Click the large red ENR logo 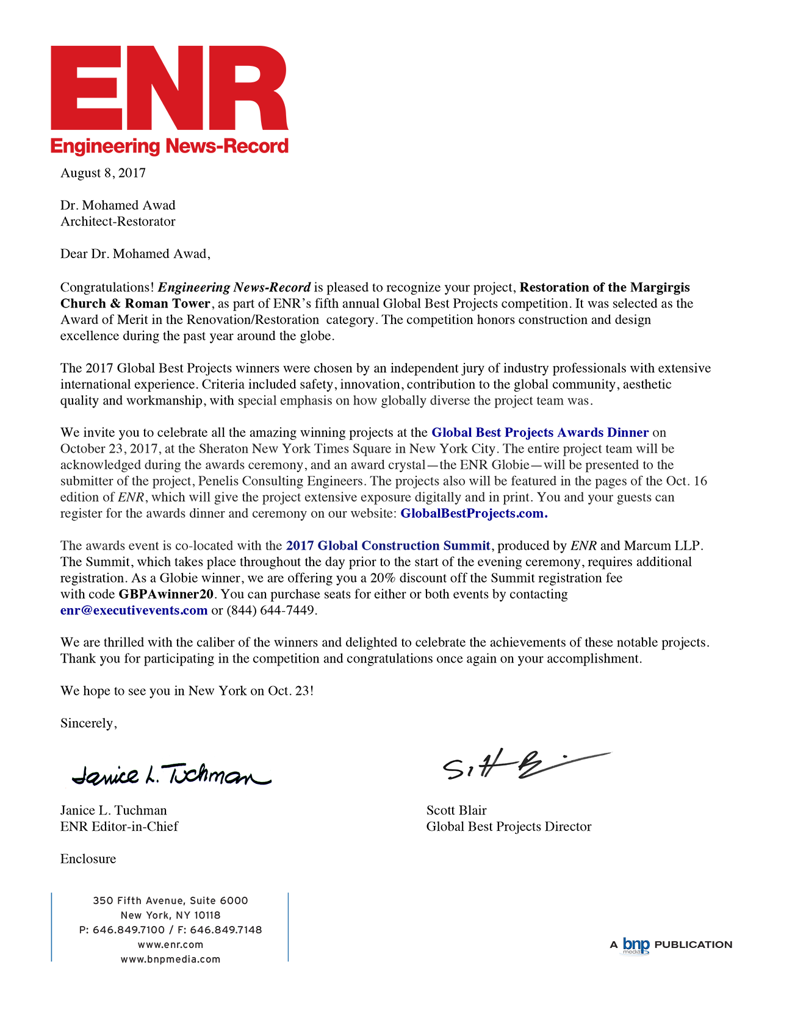[x=169, y=88]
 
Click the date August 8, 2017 [x=103, y=173]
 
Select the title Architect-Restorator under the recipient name [x=118, y=221]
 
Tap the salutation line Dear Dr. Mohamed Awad [x=135, y=254]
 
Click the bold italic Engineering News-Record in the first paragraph [x=234, y=287]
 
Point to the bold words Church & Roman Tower [x=135, y=304]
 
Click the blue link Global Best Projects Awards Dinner [x=539, y=432]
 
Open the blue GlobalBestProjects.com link [x=473, y=514]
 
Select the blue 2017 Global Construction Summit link [x=388, y=546]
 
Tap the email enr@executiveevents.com [x=134, y=611]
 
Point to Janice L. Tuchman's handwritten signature [x=171, y=774]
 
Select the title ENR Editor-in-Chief [x=119, y=827]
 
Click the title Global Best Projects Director [x=508, y=827]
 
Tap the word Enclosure [x=88, y=859]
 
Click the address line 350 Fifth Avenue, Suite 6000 [x=170, y=900]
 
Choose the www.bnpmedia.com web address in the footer [x=170, y=959]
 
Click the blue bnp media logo [x=636, y=945]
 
